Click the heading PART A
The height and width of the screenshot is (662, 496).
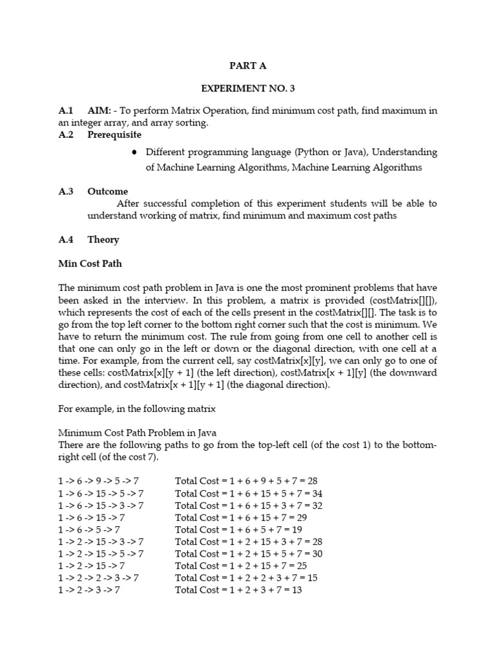pyautogui.click(x=248, y=65)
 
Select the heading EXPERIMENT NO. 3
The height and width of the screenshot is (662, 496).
pyautogui.click(x=248, y=89)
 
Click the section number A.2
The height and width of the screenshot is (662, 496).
pyautogui.click(x=67, y=135)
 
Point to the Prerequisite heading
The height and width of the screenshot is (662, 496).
pyautogui.click(x=114, y=135)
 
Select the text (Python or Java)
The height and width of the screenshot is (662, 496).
pyautogui.click(x=327, y=153)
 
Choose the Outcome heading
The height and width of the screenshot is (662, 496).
pyautogui.click(x=108, y=191)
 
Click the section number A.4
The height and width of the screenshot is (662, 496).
pyautogui.click(x=67, y=240)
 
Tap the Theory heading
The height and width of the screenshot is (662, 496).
pyautogui.click(x=103, y=240)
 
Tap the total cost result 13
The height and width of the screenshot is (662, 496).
pyautogui.click(x=296, y=590)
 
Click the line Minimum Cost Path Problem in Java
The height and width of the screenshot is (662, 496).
pyautogui.click(x=138, y=432)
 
